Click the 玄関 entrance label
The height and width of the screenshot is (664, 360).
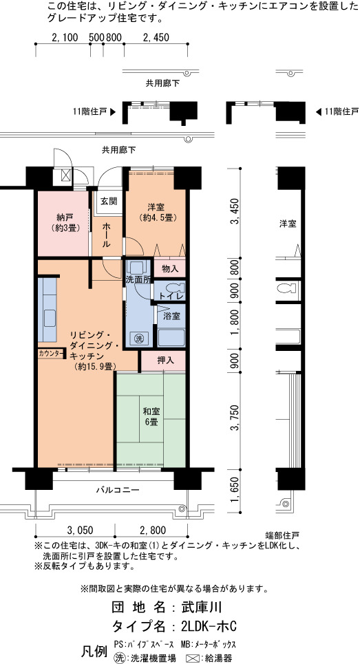[x=109, y=201]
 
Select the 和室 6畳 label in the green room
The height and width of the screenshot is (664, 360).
[x=150, y=416]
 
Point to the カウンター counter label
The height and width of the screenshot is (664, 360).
[x=51, y=353]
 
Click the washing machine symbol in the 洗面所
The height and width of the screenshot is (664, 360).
[x=138, y=339]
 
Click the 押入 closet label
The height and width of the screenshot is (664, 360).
[x=165, y=361]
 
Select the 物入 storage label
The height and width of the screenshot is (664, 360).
[x=169, y=268]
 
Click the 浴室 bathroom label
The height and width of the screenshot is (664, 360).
[x=171, y=316]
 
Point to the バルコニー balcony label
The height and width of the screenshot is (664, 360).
[x=117, y=491]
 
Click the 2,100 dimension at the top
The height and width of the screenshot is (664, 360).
[x=65, y=38]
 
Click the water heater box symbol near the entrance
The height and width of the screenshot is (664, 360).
[x=66, y=175]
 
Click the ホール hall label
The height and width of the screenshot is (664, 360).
[x=106, y=235]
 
